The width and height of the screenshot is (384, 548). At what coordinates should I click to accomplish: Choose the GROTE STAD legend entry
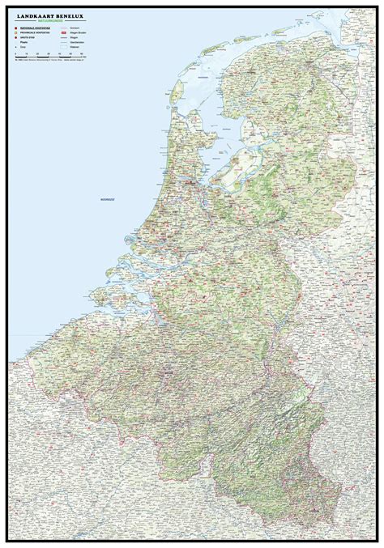point(28,38)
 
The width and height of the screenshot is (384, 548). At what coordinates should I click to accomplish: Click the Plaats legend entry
point(23,43)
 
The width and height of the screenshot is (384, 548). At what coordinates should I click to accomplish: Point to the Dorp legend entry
point(23,48)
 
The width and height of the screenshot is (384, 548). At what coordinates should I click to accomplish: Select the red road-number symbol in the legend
point(63,33)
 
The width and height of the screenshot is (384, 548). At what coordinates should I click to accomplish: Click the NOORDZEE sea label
point(106,198)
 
